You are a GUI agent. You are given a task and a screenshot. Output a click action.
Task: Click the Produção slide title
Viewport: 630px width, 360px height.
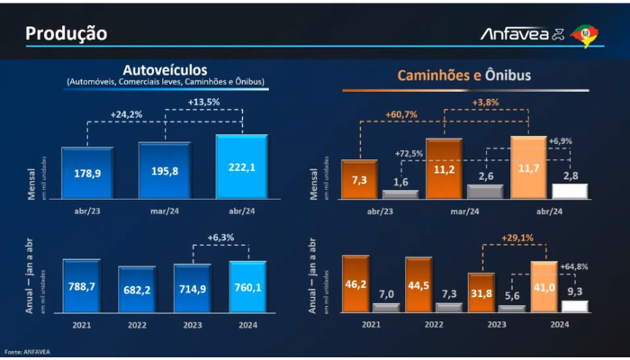tap(67, 33)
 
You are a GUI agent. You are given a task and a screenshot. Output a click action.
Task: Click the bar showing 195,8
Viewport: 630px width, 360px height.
tap(164, 170)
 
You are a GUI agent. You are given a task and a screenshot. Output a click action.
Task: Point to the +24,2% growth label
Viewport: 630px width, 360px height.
tap(128, 114)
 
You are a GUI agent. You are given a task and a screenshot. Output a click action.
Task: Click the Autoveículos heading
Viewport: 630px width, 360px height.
tap(165, 69)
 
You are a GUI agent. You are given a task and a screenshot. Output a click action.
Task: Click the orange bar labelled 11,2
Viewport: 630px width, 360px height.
tap(444, 167)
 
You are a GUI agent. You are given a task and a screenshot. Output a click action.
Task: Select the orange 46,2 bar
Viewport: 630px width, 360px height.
tap(359, 283)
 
